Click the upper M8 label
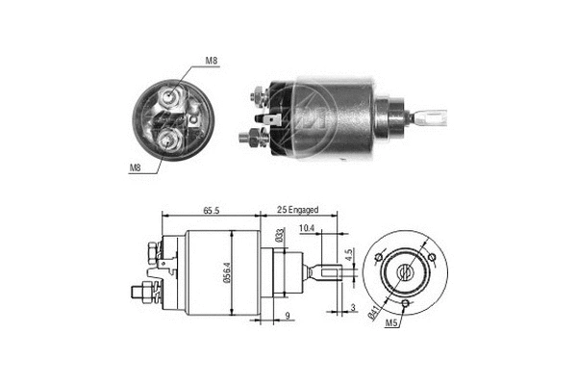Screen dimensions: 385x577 211,63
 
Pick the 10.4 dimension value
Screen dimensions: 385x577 307,227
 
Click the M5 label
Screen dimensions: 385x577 391,323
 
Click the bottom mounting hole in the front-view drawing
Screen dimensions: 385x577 408,306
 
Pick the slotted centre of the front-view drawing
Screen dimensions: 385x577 408,271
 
